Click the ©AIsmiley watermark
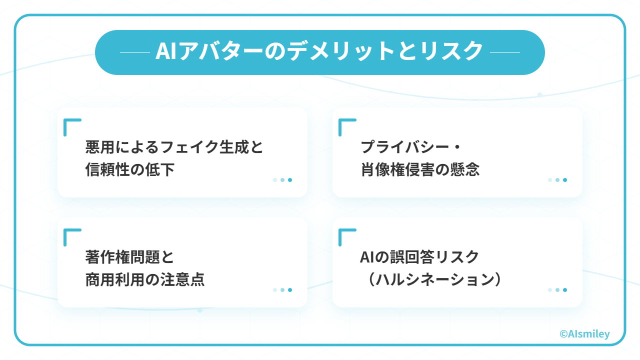584,333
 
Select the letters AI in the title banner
165,51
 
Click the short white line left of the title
135,52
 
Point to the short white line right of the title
505,52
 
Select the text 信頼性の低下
130,169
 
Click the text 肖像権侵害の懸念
420,169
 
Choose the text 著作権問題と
130,257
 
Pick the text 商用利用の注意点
145,279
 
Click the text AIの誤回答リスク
419,257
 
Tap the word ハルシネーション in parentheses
434,279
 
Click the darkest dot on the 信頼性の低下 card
290,180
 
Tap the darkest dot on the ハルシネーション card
565,290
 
